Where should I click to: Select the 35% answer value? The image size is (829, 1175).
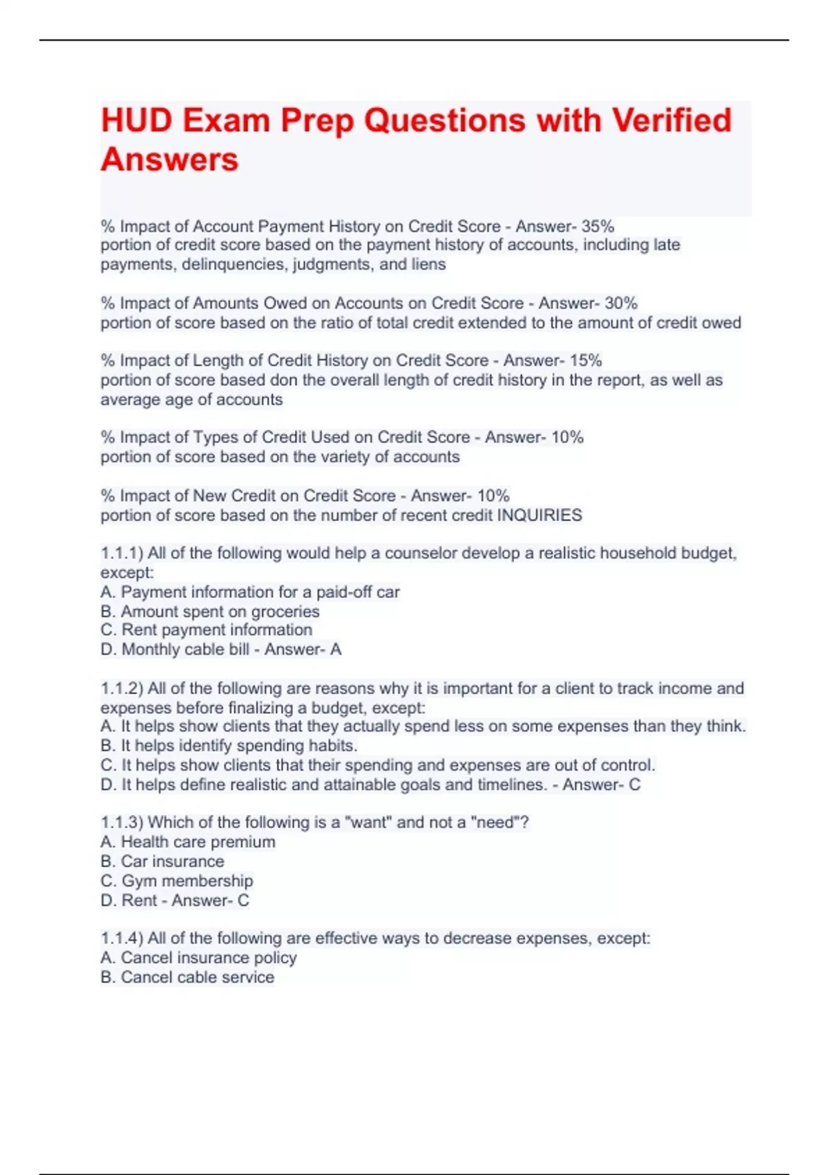point(598,226)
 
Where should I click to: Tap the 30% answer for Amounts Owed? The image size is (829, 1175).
point(621,303)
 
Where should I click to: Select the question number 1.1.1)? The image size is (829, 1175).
point(122,553)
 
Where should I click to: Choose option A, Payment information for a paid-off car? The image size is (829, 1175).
point(250,592)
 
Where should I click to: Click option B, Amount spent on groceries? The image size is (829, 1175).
point(210,611)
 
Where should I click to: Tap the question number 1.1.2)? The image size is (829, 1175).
point(122,688)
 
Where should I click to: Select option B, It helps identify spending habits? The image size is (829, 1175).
point(229,745)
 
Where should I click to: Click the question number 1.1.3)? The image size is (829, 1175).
point(122,822)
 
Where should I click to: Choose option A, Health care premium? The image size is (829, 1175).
point(188,841)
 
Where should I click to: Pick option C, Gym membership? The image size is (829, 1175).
point(177,881)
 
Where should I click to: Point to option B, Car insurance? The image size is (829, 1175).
point(162,861)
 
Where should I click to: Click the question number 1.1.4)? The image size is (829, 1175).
point(122,938)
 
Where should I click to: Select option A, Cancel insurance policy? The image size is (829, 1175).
point(198,957)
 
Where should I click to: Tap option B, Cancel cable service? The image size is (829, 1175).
point(187,977)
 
